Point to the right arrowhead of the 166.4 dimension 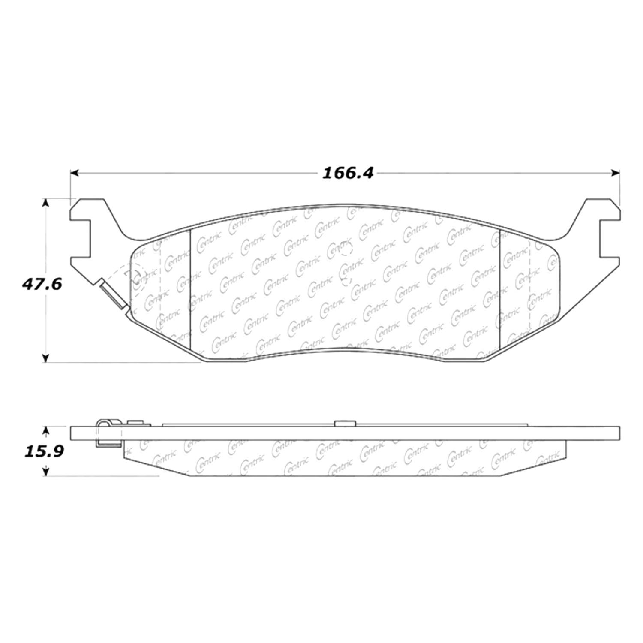616,173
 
